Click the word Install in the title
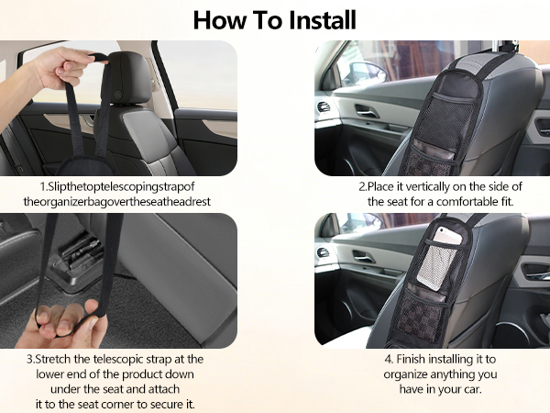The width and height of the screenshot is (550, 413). coord(312,19)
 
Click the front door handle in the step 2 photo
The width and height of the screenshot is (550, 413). coord(366,113)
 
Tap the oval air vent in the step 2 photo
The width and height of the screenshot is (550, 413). coord(323,106)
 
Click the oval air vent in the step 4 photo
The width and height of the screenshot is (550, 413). coord(323,252)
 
